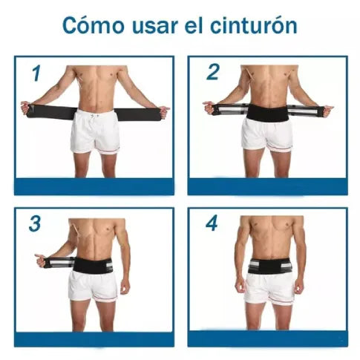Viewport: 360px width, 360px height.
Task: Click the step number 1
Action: pos(36,73)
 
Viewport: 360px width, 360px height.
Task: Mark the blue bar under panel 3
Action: pos(94,338)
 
